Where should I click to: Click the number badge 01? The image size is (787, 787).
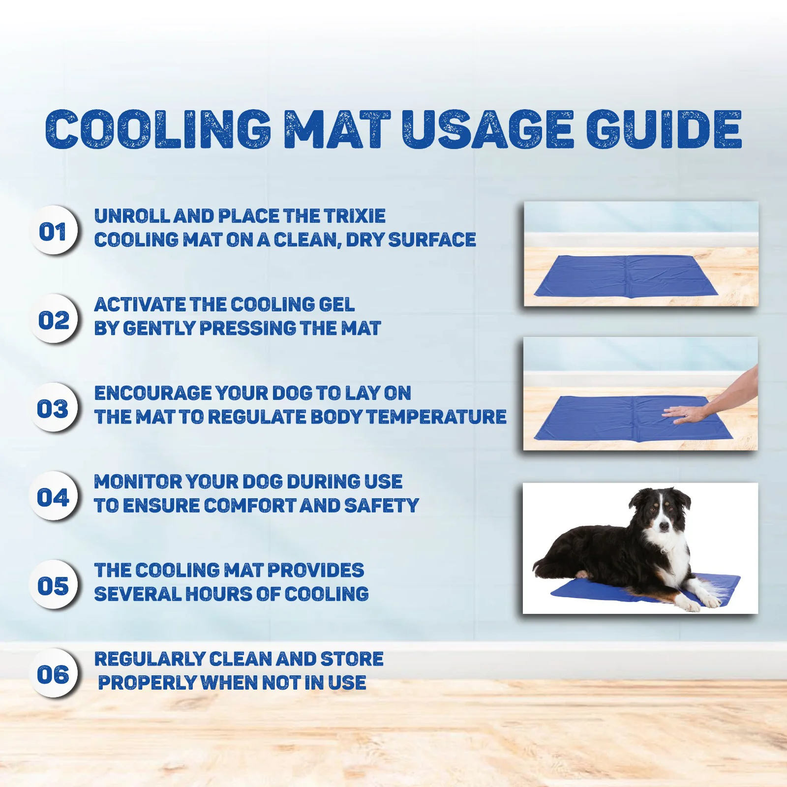54,230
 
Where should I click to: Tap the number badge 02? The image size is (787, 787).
54,318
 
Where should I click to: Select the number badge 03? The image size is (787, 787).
54,407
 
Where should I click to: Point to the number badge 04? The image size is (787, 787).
54,495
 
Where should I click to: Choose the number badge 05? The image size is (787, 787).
54,584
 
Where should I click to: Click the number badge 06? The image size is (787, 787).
54,672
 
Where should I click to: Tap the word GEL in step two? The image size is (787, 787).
336,304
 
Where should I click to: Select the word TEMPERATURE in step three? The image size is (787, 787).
436,417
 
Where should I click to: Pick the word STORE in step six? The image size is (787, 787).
352,659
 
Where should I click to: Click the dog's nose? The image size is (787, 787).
665,526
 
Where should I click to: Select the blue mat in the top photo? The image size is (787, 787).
626,276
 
